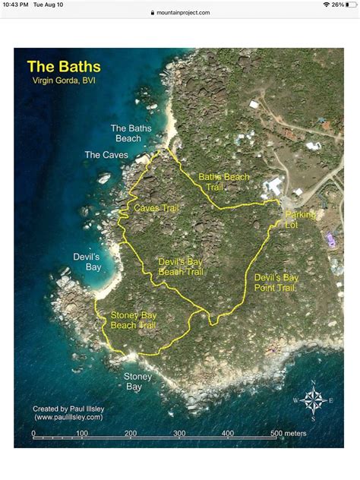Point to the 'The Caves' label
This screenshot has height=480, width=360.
click(x=106, y=155)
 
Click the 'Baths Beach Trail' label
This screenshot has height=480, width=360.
click(x=224, y=182)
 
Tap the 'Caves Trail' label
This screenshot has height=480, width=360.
click(x=156, y=207)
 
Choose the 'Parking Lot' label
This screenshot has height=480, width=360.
click(x=299, y=220)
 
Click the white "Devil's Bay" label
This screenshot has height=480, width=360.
click(x=87, y=262)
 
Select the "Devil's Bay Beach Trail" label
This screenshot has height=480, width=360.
click(x=181, y=267)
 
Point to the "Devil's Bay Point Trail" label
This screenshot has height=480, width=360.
click(x=276, y=283)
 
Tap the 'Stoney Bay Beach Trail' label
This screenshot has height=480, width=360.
click(x=134, y=320)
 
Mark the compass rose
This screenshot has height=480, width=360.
click(x=312, y=399)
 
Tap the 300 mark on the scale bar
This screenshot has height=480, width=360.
click(x=179, y=433)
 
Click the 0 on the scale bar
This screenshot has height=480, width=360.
click(x=33, y=433)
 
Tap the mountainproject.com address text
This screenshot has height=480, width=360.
click(x=183, y=13)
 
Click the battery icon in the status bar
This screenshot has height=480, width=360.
click(x=349, y=5)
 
